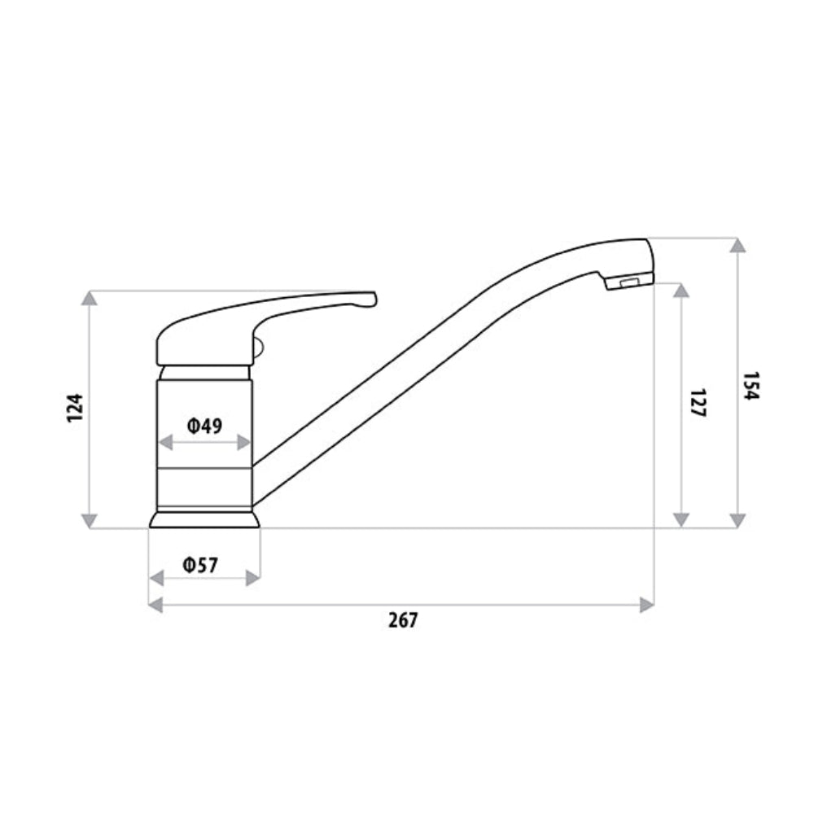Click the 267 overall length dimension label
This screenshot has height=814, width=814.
click(402, 620)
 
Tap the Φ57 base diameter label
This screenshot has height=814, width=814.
click(200, 565)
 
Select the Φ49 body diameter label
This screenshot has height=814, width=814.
click(204, 425)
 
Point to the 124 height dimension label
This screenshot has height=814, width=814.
click(76, 407)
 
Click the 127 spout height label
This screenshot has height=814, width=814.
click(697, 403)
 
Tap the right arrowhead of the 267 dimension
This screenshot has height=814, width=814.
click(647, 605)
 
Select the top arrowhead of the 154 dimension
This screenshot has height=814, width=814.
click(737, 245)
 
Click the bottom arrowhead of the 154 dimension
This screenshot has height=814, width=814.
click(737, 520)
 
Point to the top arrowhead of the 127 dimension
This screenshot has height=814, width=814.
click(682, 291)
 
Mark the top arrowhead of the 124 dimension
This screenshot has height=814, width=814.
click(90, 299)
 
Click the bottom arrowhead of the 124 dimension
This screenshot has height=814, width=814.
click(90, 520)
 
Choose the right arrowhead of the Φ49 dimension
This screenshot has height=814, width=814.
click(243, 442)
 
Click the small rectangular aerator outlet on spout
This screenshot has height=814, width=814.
click(628, 282)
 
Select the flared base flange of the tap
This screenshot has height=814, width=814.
click(204, 519)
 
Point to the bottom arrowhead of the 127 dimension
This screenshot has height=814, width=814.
click(682, 520)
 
